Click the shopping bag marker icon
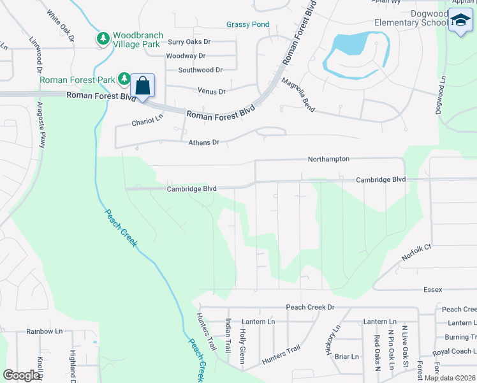pos(143,86)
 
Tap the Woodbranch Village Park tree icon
pos(103,39)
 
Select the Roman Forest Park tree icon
pos(124,80)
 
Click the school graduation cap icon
pos(460,21)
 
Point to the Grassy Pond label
pos(247,24)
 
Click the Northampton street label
pos(328,158)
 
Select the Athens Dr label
pos(203,142)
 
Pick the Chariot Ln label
pos(147,121)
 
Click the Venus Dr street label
pos(212,91)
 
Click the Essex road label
pos(432,289)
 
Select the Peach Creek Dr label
pos(310,307)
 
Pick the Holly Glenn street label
pos(242,345)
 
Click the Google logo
pos(21,375)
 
